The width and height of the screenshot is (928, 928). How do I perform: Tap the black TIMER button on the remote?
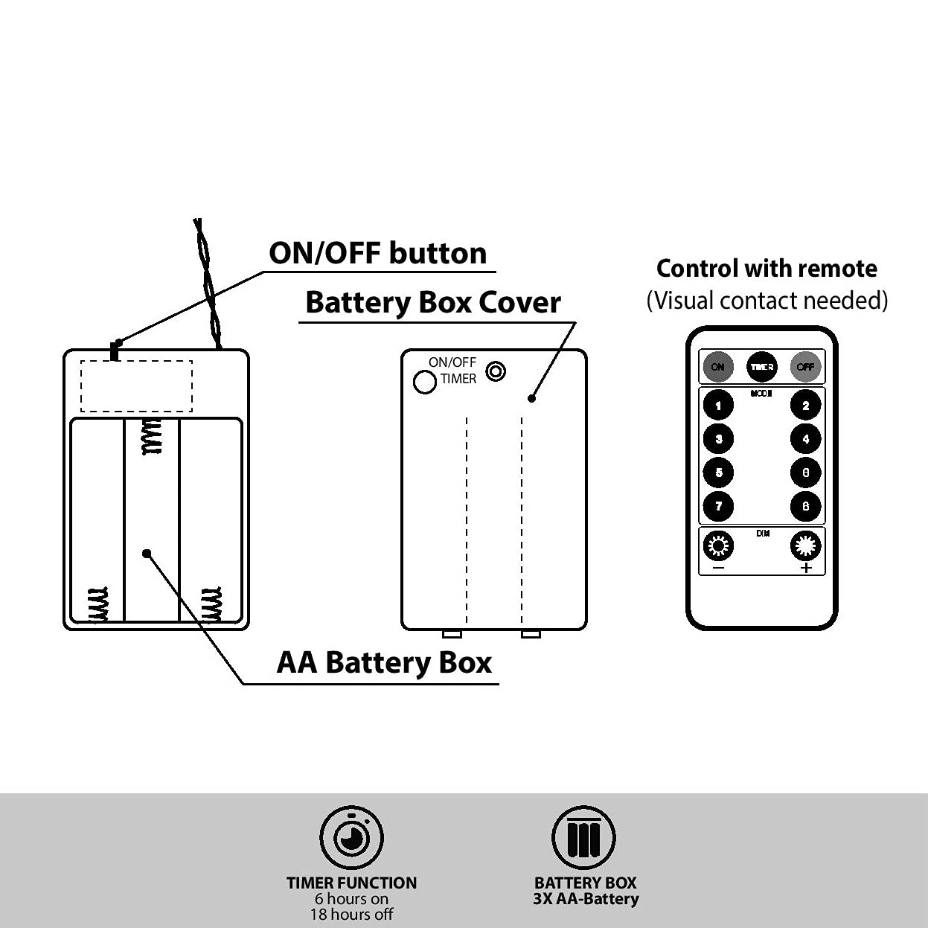point(761,366)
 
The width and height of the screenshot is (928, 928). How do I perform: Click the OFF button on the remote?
point(805,366)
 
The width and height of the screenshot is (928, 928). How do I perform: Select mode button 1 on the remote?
point(718,406)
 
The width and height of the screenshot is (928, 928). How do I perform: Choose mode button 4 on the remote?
point(805,439)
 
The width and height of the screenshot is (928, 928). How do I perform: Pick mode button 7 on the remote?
point(718,506)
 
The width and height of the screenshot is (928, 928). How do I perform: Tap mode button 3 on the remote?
point(718,439)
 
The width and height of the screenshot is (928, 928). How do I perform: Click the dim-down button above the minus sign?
point(718,547)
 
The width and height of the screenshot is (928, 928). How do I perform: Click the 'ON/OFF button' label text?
point(377,253)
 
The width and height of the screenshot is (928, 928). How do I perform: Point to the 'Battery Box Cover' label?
point(432,302)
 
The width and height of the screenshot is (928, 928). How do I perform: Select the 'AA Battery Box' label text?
point(384,662)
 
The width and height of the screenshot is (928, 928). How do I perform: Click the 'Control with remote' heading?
point(767,268)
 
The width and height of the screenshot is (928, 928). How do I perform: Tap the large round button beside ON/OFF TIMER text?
point(425,382)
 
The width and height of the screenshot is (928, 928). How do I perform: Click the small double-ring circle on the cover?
point(496,370)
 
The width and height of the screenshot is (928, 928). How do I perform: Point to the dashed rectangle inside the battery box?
point(136,385)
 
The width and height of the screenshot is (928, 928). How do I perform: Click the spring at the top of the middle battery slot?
point(153,437)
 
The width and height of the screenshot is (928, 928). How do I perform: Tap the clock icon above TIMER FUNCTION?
point(351,838)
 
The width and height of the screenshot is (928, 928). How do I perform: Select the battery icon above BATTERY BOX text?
point(583,838)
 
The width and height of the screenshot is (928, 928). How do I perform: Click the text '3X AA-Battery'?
point(586,899)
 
